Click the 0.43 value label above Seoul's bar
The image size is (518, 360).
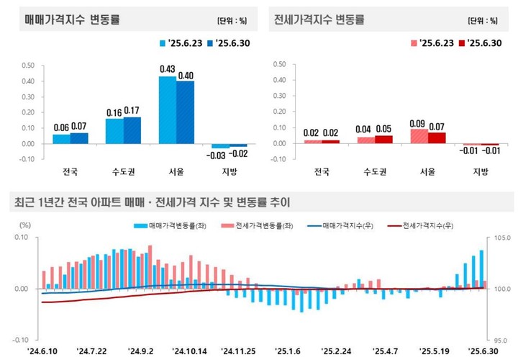click(166, 68)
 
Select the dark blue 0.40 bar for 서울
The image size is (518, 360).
click(186, 112)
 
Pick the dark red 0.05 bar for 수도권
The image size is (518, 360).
click(384, 139)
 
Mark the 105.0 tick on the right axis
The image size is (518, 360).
click(501, 237)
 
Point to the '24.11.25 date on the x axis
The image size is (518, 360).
click(239, 351)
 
